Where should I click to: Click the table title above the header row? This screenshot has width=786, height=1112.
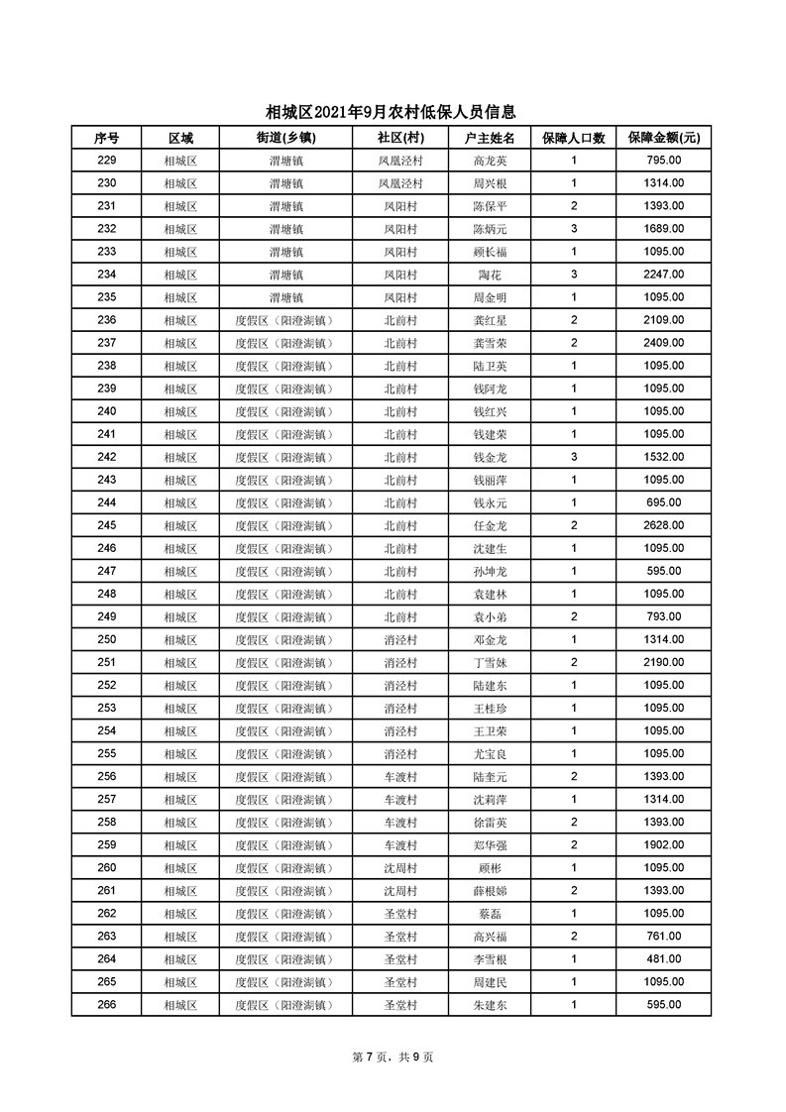[392, 113]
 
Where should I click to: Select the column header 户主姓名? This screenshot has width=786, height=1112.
[490, 138]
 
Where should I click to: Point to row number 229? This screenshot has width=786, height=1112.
[107, 161]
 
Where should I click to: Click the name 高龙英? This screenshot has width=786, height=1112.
[490, 161]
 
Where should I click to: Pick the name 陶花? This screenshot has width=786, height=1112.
[490, 275]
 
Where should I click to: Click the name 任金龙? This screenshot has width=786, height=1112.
[490, 525]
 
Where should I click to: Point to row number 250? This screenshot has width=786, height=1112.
[107, 639]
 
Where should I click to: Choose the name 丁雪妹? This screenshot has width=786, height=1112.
[490, 662]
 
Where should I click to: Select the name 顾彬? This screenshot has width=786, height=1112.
[490, 867]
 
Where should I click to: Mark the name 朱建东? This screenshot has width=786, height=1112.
[490, 1004]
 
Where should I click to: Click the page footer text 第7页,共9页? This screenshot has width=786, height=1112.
[393, 1057]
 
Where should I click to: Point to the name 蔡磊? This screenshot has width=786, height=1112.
[490, 913]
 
